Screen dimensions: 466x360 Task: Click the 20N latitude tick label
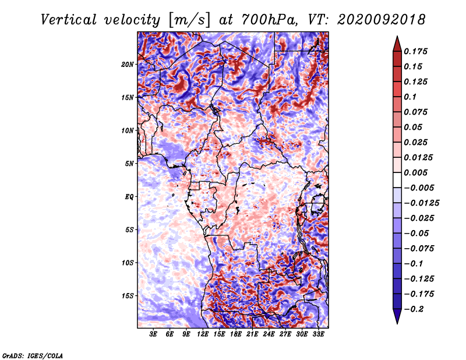128,65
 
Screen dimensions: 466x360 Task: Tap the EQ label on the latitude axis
129,197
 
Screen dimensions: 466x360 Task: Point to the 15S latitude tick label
128,296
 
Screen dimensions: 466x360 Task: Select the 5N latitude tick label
129,164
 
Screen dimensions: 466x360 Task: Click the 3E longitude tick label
153,334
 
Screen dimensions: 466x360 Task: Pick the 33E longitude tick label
318,334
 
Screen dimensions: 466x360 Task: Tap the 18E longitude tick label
236,334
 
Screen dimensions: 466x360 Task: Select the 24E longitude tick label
269,334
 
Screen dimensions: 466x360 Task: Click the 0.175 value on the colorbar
415,51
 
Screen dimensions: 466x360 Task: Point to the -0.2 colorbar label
414,309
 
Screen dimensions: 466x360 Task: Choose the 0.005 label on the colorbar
415,172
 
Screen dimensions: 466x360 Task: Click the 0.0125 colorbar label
418,157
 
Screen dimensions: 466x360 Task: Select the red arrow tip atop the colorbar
397,36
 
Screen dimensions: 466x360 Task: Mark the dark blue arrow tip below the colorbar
397,323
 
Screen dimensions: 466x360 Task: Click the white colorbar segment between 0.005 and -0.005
397,180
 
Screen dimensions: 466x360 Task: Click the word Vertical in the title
69,20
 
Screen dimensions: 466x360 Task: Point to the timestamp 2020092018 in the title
382,20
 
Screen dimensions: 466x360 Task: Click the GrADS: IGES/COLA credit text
33,355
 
